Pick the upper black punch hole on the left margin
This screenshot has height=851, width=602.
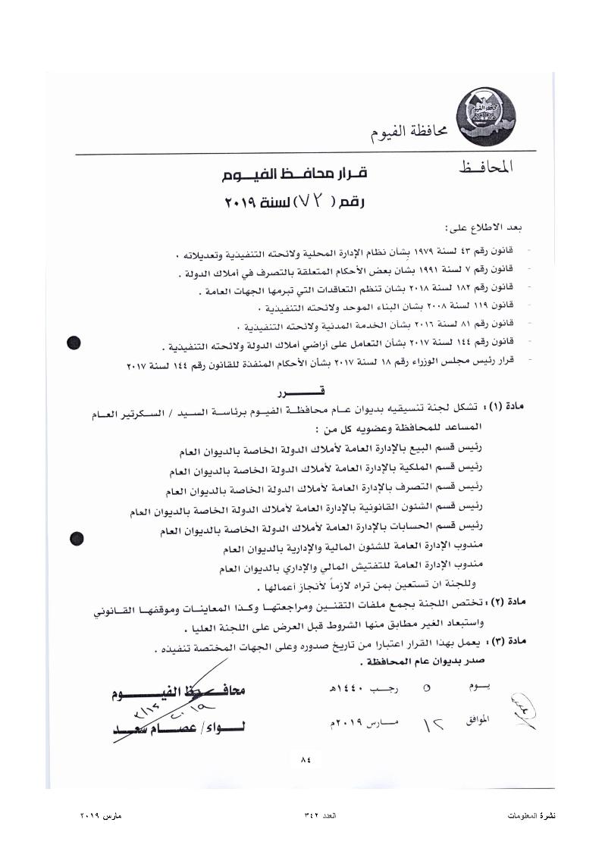(74, 343)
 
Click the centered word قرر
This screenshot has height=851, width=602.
(303, 391)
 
